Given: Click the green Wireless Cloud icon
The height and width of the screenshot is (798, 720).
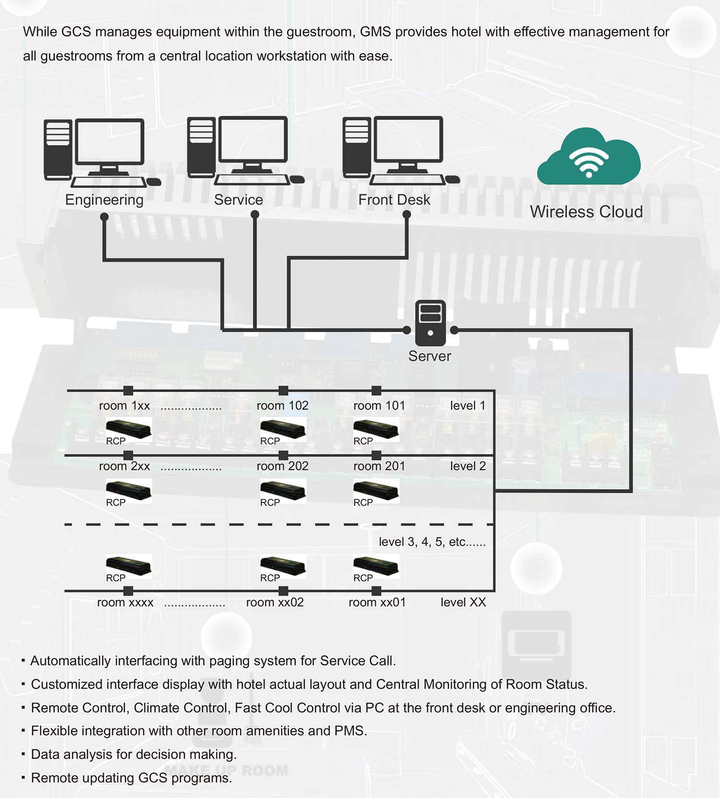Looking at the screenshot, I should (x=589, y=157).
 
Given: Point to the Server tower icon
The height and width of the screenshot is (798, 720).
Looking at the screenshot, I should (x=430, y=323).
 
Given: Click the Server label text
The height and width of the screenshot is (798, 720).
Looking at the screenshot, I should (x=430, y=356).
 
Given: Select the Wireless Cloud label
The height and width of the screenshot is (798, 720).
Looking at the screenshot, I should (x=586, y=212).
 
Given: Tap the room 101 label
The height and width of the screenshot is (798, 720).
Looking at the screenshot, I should (x=379, y=405).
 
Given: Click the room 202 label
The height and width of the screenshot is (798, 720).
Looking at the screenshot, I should (x=282, y=466).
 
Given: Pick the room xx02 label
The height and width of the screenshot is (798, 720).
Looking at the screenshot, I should (x=275, y=602).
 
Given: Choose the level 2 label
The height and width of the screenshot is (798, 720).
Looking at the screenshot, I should (x=468, y=466).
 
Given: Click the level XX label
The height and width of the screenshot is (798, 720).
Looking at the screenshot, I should (x=463, y=602).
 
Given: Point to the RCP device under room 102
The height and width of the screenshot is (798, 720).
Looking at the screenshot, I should (x=283, y=429).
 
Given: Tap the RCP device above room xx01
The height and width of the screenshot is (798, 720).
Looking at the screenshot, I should (x=376, y=566).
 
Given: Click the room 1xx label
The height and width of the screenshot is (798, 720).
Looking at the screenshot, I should (x=124, y=405).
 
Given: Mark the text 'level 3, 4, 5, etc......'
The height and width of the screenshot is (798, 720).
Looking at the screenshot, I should (x=432, y=542).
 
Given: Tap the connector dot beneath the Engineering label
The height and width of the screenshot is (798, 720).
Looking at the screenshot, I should (x=104, y=217).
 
